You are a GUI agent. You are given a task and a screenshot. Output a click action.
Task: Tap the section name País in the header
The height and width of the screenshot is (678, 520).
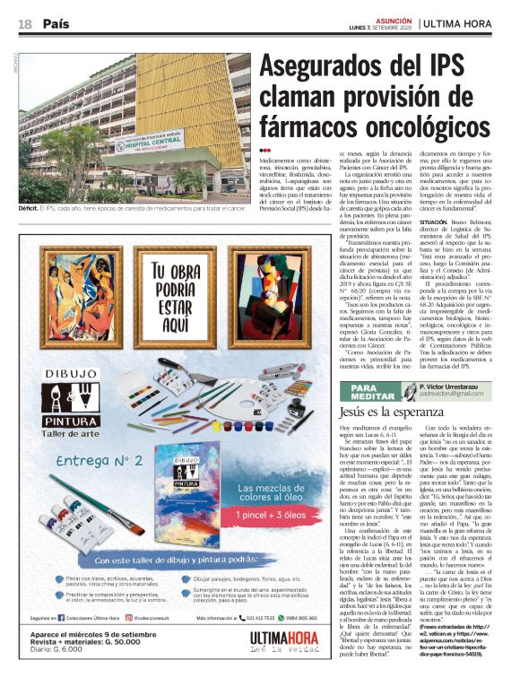(60, 23)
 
